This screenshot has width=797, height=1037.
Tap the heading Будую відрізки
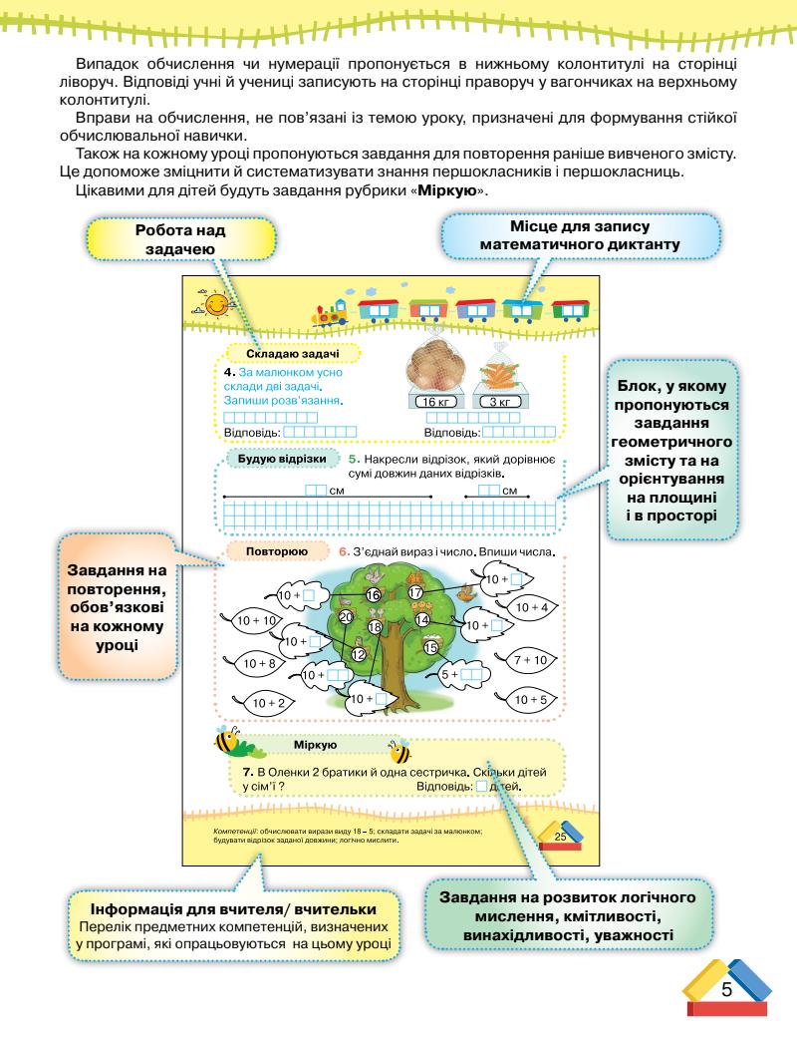(283, 460)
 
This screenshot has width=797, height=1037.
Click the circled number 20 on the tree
(346, 617)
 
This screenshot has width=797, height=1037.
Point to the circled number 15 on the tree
(430, 647)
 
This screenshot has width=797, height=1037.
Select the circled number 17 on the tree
(415, 592)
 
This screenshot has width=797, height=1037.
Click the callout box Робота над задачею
(180, 240)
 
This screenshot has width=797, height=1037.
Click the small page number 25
(559, 836)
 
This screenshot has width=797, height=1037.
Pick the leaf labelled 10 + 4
(532, 607)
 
